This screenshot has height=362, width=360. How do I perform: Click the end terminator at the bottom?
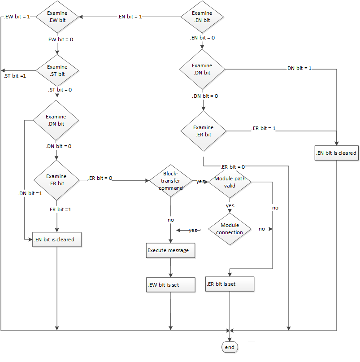230,347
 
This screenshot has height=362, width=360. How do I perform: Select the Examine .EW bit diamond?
57,17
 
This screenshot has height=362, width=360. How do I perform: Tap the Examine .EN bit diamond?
202,17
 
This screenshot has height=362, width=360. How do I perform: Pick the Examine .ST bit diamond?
57,70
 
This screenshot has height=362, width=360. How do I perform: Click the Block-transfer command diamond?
170,181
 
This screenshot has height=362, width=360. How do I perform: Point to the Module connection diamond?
230,229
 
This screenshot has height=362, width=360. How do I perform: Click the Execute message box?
170,250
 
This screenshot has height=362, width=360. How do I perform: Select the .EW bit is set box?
170,284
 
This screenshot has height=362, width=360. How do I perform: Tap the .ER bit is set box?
230,284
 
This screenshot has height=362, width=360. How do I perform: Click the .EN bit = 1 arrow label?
130,17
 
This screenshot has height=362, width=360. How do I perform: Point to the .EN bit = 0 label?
202,38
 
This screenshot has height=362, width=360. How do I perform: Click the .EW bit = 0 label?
60,39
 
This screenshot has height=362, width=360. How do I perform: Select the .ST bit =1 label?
14,75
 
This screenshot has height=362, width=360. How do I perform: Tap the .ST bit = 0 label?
60,90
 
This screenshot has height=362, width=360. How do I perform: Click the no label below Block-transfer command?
170,220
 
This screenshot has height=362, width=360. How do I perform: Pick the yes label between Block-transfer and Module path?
201,181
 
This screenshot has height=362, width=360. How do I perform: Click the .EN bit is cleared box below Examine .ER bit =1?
57,240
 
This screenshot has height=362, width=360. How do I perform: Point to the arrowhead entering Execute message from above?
170,241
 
